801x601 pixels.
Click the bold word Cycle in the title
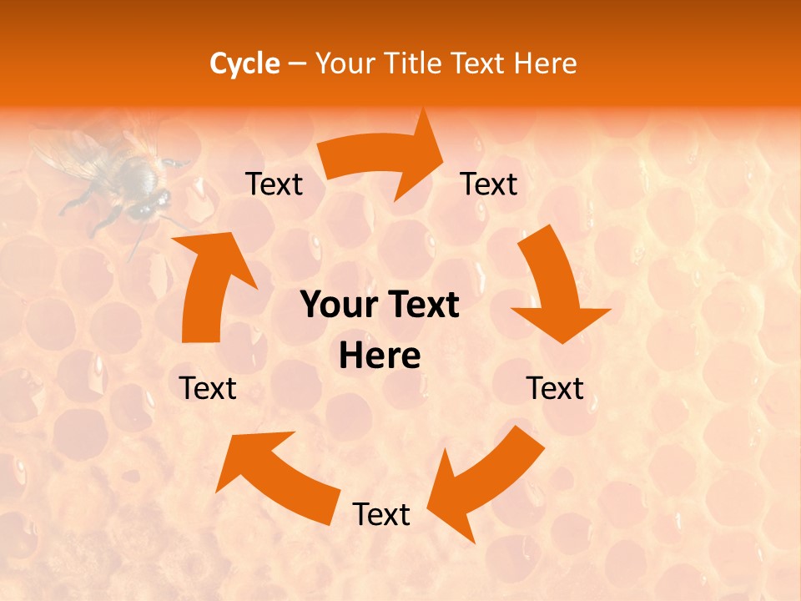pyautogui.click(x=244, y=63)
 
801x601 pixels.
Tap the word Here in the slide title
pyautogui.click(x=546, y=63)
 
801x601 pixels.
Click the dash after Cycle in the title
pyautogui.click(x=297, y=64)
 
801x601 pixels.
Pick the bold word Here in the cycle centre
pyautogui.click(x=380, y=356)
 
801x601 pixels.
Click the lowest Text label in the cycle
pyautogui.click(x=381, y=514)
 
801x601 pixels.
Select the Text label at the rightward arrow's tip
pyautogui.click(x=489, y=184)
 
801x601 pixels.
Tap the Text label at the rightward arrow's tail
pyautogui.click(x=274, y=184)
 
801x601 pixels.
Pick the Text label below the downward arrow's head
pyautogui.click(x=555, y=388)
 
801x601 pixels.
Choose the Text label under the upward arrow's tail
pyautogui.click(x=208, y=388)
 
